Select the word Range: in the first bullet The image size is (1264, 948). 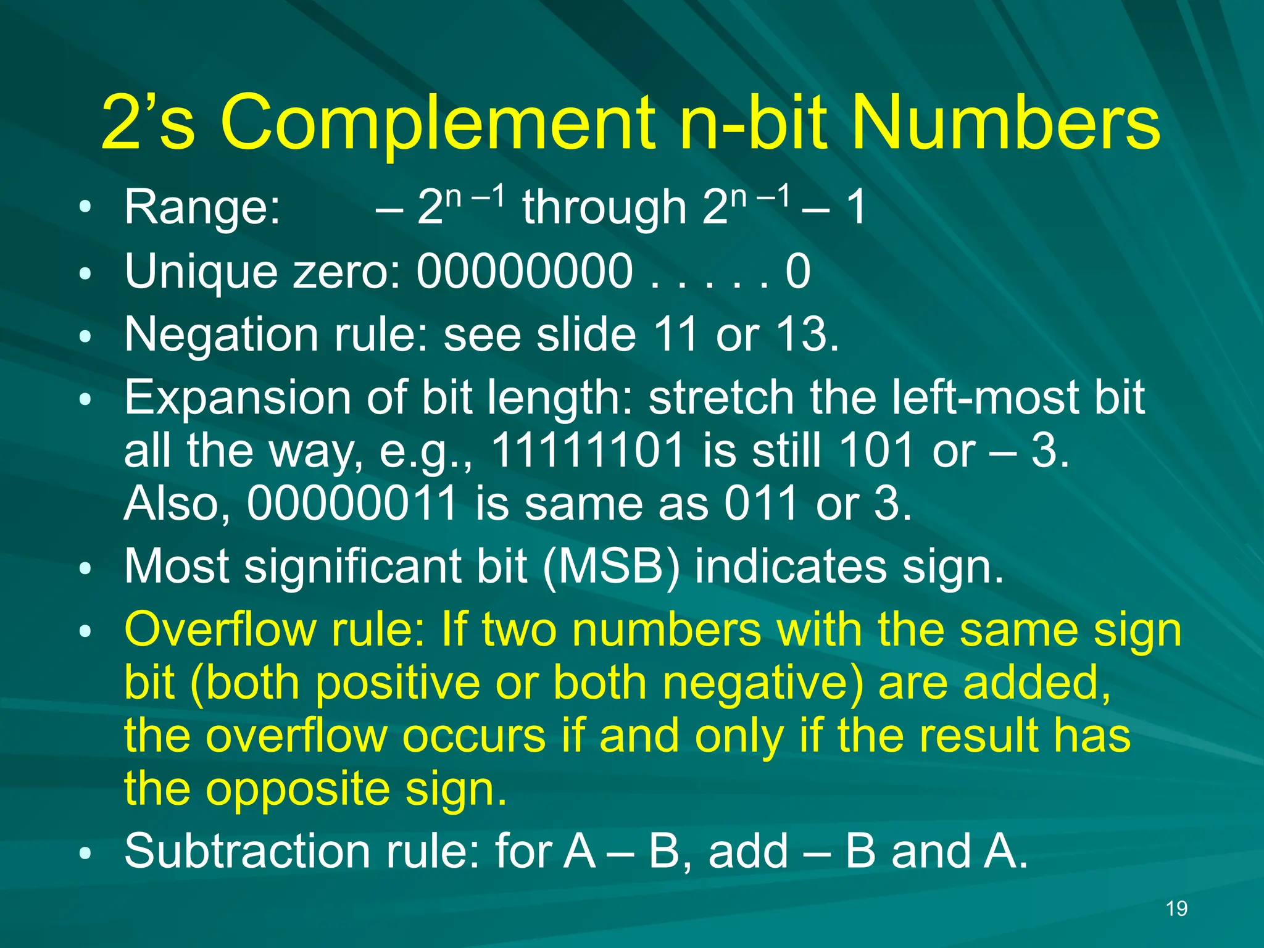[202, 207]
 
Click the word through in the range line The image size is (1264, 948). [604, 207]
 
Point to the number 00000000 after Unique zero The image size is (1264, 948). [525, 272]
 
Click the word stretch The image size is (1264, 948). [721, 398]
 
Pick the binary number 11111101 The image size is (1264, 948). [588, 451]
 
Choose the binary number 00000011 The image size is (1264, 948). [352, 504]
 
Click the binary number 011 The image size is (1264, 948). [762, 504]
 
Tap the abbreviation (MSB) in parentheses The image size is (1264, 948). [611, 567]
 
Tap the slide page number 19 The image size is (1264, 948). [1176, 908]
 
